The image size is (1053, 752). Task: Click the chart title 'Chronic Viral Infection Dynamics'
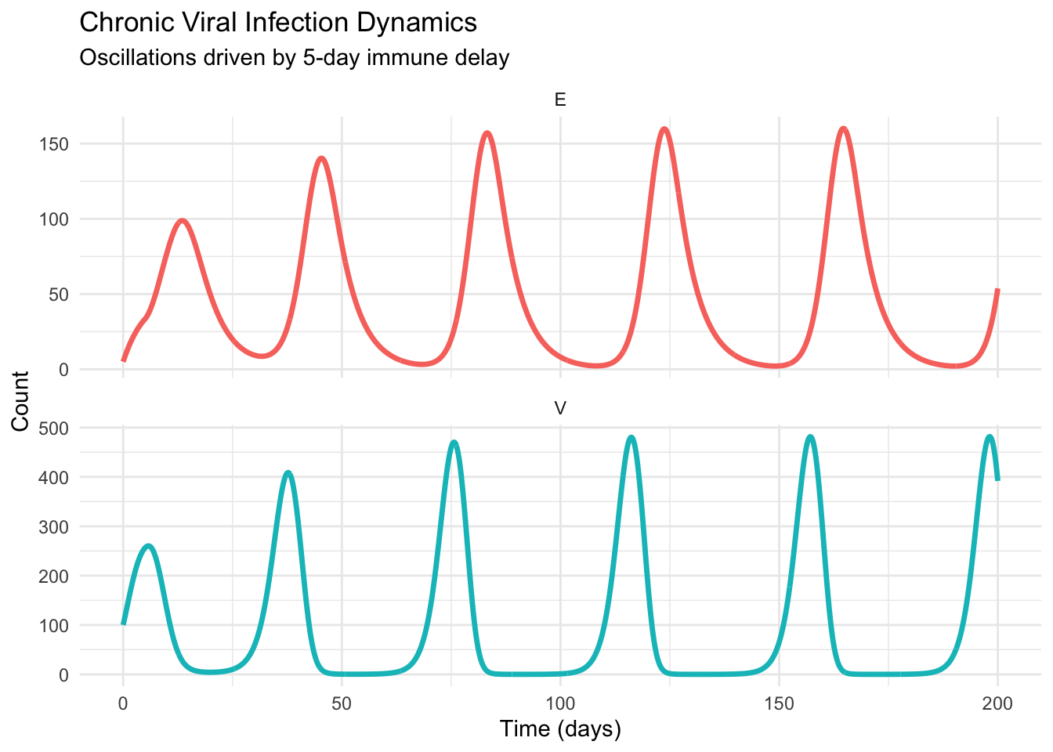(278, 23)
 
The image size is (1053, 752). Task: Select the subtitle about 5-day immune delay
(295, 58)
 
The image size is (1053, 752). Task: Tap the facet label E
(559, 99)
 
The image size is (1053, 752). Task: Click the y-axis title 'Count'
(20, 401)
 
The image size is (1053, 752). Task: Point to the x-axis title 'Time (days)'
(560, 729)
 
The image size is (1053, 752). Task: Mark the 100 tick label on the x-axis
(560, 703)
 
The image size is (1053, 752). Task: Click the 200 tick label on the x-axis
(997, 703)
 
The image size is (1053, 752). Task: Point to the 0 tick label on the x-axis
(123, 703)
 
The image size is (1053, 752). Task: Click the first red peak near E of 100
(183, 220)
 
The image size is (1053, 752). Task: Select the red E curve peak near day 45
(321, 158)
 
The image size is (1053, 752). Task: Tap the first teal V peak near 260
(149, 545)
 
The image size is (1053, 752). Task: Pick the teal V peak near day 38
(288, 472)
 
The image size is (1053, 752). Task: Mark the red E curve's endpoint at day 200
(997, 291)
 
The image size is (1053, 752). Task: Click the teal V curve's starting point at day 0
(123, 624)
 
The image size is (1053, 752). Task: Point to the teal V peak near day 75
(454, 442)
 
